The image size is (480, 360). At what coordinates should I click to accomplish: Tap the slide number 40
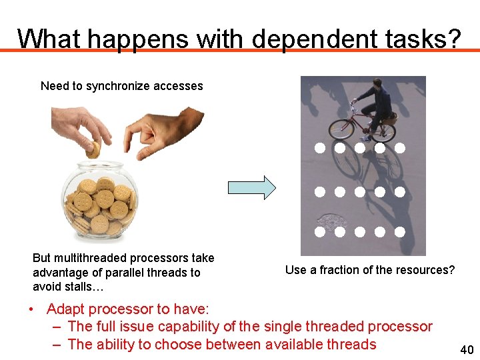(x=467, y=350)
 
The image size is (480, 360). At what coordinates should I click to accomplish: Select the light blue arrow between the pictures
(x=251, y=188)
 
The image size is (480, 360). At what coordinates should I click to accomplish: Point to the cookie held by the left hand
(x=93, y=149)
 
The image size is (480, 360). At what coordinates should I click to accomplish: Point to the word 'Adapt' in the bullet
(x=66, y=309)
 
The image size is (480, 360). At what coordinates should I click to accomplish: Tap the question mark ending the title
(x=453, y=39)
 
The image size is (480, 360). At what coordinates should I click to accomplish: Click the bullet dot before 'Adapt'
(x=31, y=309)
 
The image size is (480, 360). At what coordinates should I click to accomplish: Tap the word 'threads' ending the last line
(x=351, y=345)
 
